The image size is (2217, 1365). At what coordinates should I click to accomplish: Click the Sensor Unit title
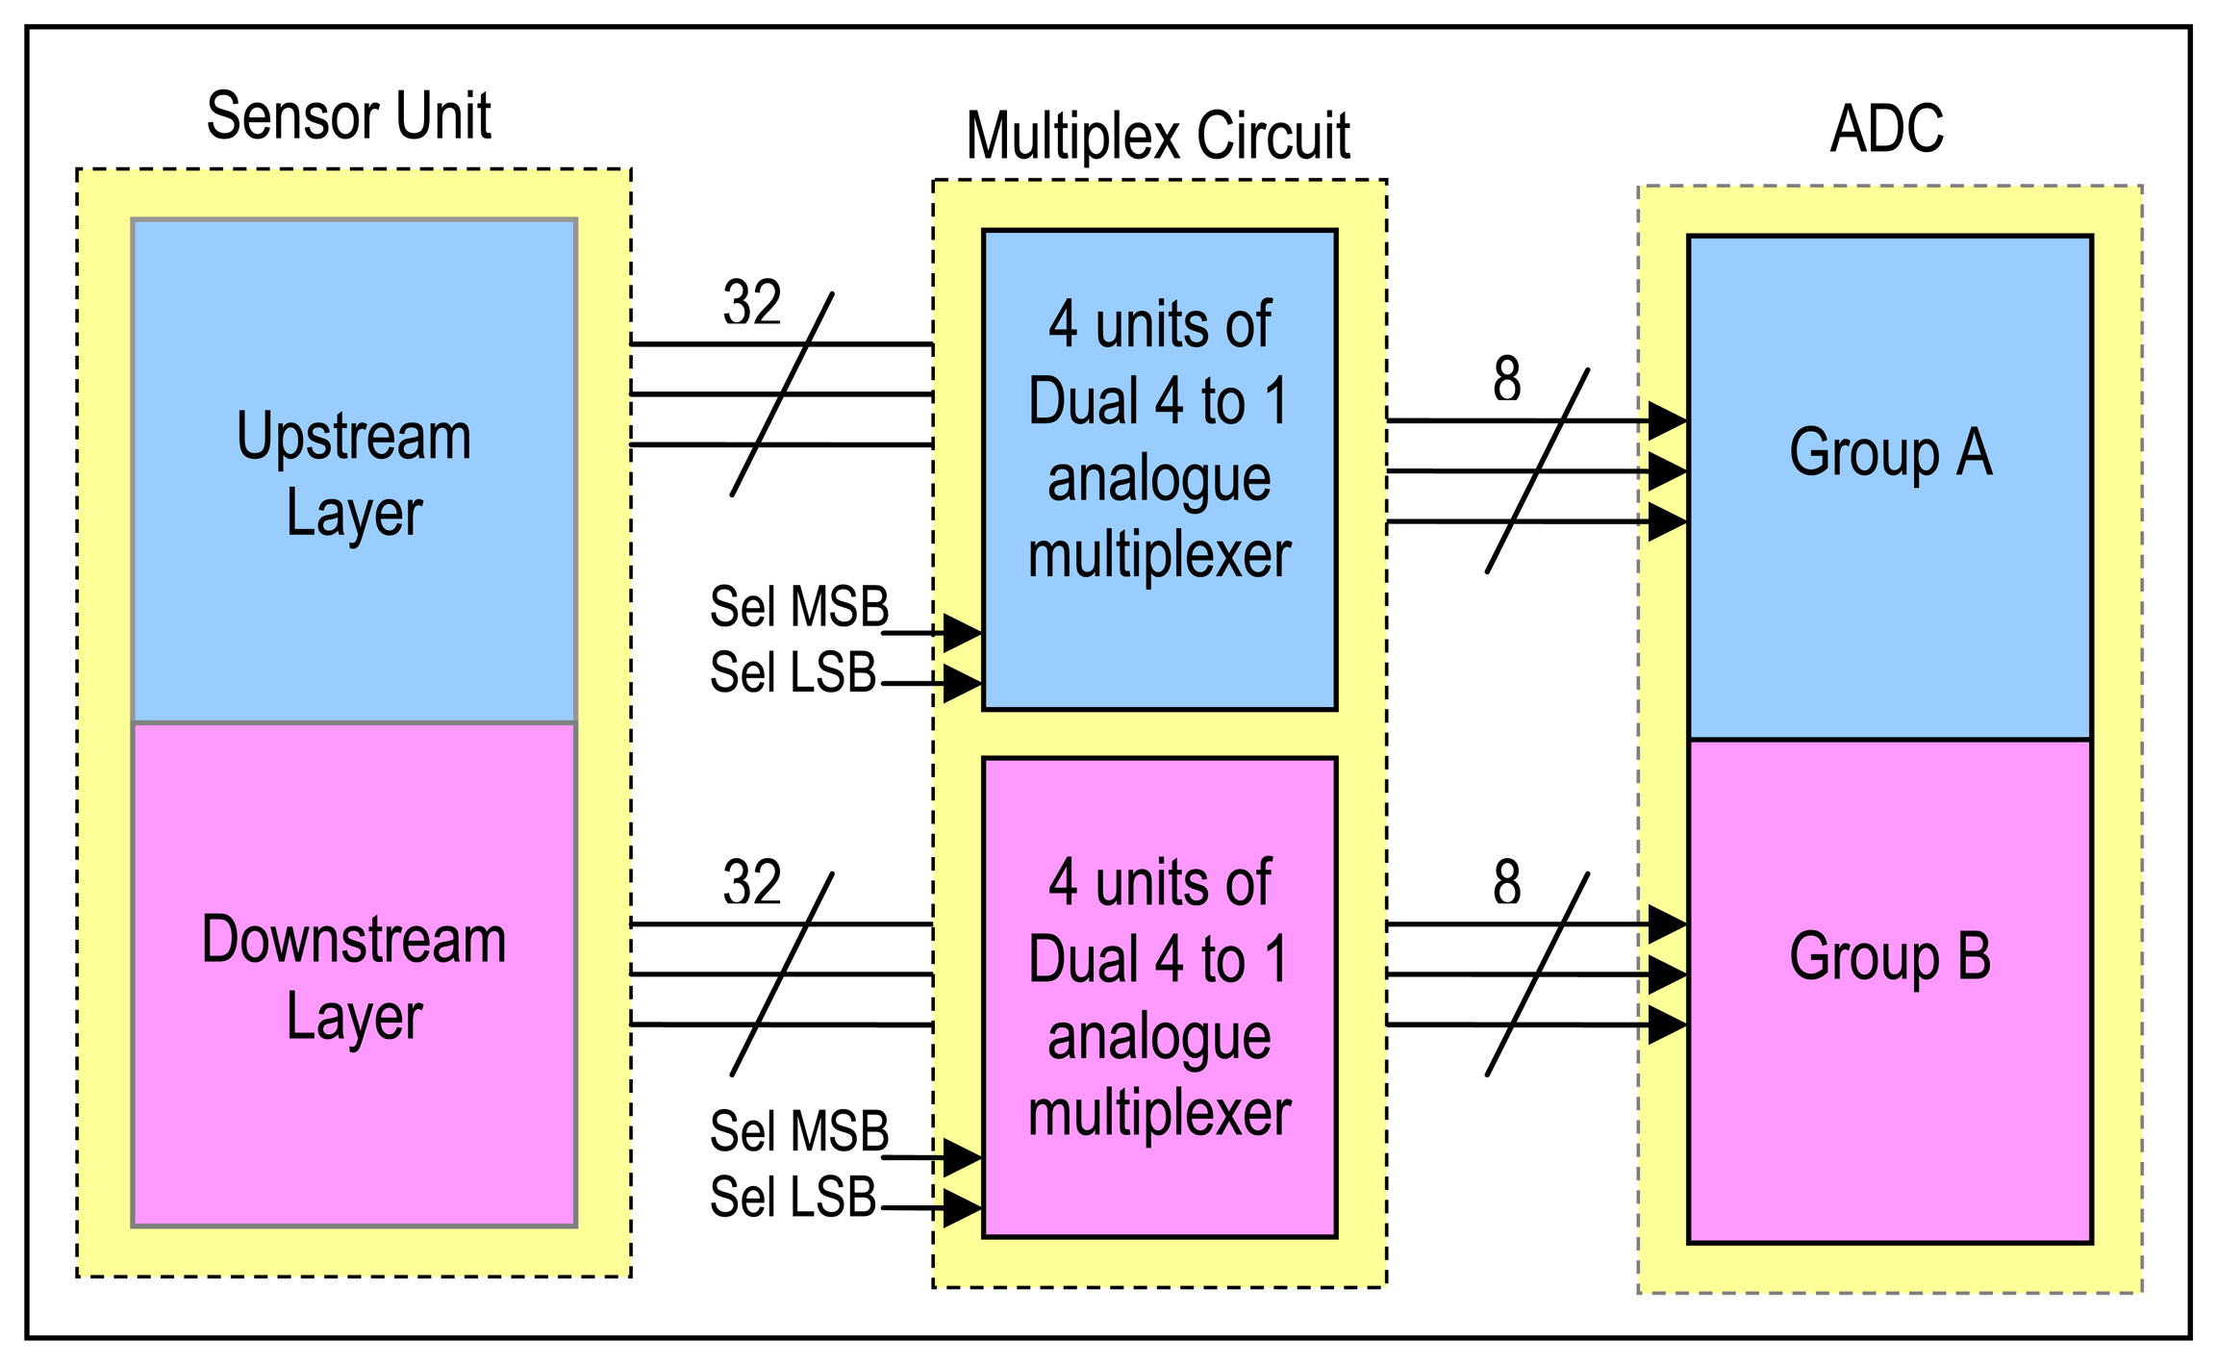pyautogui.click(x=348, y=116)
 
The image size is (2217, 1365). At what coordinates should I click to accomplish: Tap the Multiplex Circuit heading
pyautogui.click(x=1157, y=136)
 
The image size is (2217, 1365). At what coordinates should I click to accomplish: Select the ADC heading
pyautogui.click(x=1886, y=128)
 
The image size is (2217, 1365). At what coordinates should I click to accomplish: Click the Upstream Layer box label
pyautogui.click(x=354, y=473)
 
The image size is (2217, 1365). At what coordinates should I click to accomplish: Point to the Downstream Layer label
pyautogui.click(x=354, y=977)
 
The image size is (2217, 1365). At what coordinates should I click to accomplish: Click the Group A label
pyautogui.click(x=1890, y=452)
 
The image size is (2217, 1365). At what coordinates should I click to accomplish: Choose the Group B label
pyautogui.click(x=1890, y=956)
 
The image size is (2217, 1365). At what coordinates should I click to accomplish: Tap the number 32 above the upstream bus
pyautogui.click(x=751, y=303)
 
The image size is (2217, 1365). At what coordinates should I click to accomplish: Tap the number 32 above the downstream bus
pyautogui.click(x=751, y=882)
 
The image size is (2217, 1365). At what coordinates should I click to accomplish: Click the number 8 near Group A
pyautogui.click(x=1506, y=379)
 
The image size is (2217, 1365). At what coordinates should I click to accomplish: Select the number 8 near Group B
pyautogui.click(x=1506, y=882)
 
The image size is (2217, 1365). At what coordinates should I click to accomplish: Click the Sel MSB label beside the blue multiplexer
pyautogui.click(x=798, y=607)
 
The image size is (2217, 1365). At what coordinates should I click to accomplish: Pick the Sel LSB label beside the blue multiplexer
pyautogui.click(x=793, y=672)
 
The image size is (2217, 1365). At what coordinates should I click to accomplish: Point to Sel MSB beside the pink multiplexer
pyautogui.click(x=798, y=1131)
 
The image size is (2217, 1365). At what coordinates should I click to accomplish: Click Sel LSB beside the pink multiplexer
pyautogui.click(x=793, y=1197)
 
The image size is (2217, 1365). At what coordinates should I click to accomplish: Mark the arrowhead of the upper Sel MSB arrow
pyautogui.click(x=962, y=633)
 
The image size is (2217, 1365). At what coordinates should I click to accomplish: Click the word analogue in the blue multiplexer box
pyautogui.click(x=1159, y=478)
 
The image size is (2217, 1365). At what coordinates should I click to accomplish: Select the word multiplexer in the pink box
pyautogui.click(x=1159, y=1113)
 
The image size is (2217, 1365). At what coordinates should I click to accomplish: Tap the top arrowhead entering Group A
pyautogui.click(x=1667, y=420)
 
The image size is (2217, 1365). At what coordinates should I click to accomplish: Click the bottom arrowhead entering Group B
pyautogui.click(x=1667, y=1024)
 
